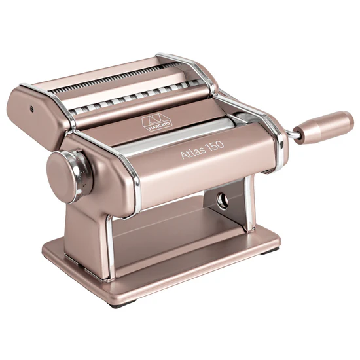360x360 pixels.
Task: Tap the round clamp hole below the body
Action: [221, 200]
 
